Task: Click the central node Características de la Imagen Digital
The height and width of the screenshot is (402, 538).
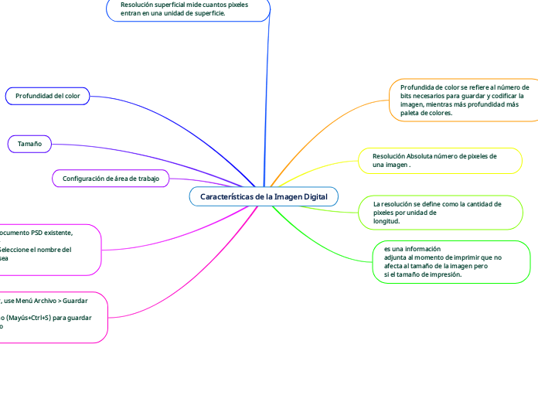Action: tap(264, 197)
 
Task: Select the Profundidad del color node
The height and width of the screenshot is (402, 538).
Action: tap(48, 96)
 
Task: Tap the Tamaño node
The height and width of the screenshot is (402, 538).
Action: tap(29, 144)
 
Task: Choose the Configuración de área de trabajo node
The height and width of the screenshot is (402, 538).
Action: tap(111, 179)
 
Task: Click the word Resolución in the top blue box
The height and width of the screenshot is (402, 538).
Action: tap(137, 4)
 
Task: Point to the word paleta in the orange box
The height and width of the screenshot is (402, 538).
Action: tap(410, 113)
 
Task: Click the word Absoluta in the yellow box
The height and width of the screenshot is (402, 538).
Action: tap(421, 156)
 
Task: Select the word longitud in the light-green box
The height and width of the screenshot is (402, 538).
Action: tap(386, 221)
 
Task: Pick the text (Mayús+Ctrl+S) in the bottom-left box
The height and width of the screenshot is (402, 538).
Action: tap(35, 318)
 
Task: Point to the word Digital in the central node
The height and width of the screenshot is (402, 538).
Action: tap(315, 197)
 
